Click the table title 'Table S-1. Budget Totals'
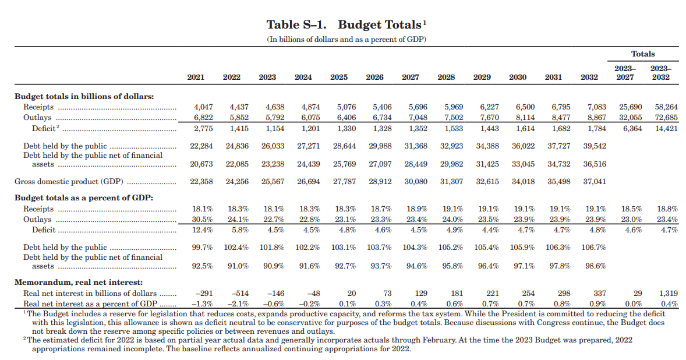[x=344, y=24]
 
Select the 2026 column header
[x=374, y=77]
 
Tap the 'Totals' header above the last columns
[x=643, y=54]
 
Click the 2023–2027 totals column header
[x=625, y=73]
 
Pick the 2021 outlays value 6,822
[x=203, y=118]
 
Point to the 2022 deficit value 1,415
[x=239, y=129]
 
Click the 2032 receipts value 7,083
[x=597, y=107]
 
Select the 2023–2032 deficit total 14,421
[x=666, y=129]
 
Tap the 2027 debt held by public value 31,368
[x=416, y=146]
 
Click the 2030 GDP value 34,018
[x=524, y=182]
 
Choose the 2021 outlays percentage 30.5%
[x=203, y=220]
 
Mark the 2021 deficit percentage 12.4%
[x=203, y=230]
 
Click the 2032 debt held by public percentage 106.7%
[x=593, y=248]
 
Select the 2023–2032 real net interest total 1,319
[x=668, y=294]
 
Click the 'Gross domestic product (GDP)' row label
[x=69, y=182]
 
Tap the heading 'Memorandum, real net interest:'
[x=78, y=283]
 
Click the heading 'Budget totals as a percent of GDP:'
[x=83, y=197]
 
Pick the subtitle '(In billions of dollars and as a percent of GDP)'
[x=346, y=40]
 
